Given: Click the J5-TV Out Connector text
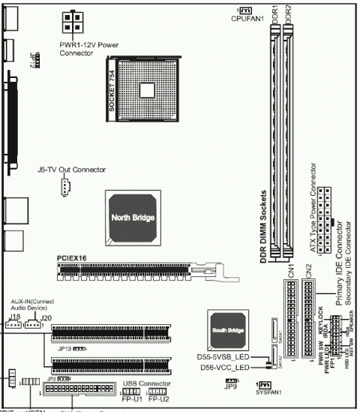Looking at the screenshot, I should [71, 170].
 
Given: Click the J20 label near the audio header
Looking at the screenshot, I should [46, 318].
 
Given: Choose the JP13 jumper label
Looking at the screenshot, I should [64, 349].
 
